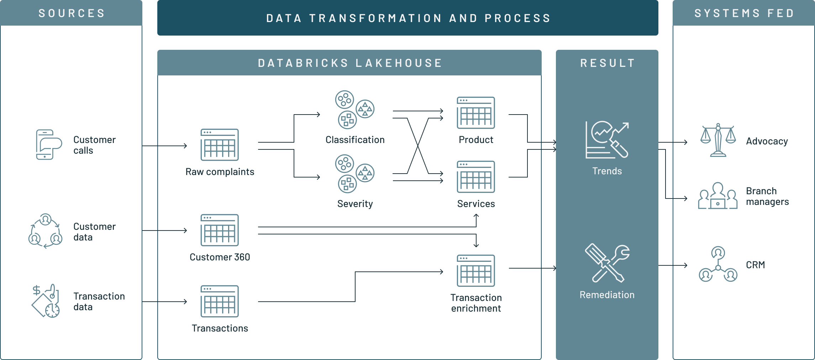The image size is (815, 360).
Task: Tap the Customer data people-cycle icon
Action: pyautogui.click(x=46, y=231)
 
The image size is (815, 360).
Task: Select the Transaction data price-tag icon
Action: pyautogui.click(x=46, y=301)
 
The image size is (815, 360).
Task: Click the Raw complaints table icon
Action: pyautogui.click(x=220, y=145)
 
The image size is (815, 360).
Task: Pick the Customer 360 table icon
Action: pyautogui.click(x=220, y=230)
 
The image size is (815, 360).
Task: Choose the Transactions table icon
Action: pyautogui.click(x=220, y=301)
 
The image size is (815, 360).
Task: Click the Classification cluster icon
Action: pyautogui.click(x=354, y=110)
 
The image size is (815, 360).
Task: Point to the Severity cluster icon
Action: pyautogui.click(x=354, y=174)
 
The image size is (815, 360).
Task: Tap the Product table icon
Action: pyautogui.click(x=476, y=113)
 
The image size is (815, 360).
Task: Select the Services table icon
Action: pyautogui.click(x=476, y=177)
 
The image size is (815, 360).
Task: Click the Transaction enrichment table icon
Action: pyautogui.click(x=476, y=271)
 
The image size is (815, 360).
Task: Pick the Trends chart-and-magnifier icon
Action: pyautogui.click(x=607, y=140)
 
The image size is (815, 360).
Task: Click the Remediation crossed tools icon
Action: pyautogui.click(x=607, y=264)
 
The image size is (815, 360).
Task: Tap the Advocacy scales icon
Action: pyautogui.click(x=718, y=140)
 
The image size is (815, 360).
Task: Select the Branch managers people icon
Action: pyautogui.click(x=718, y=196)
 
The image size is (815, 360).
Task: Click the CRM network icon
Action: pyautogui.click(x=718, y=264)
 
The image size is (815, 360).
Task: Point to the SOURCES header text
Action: pyautogui.click(x=72, y=13)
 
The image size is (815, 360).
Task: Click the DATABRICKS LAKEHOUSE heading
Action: pyautogui.click(x=350, y=63)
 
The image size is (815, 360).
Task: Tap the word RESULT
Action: pyautogui.click(x=608, y=63)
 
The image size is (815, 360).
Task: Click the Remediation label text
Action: pyautogui.click(x=607, y=295)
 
